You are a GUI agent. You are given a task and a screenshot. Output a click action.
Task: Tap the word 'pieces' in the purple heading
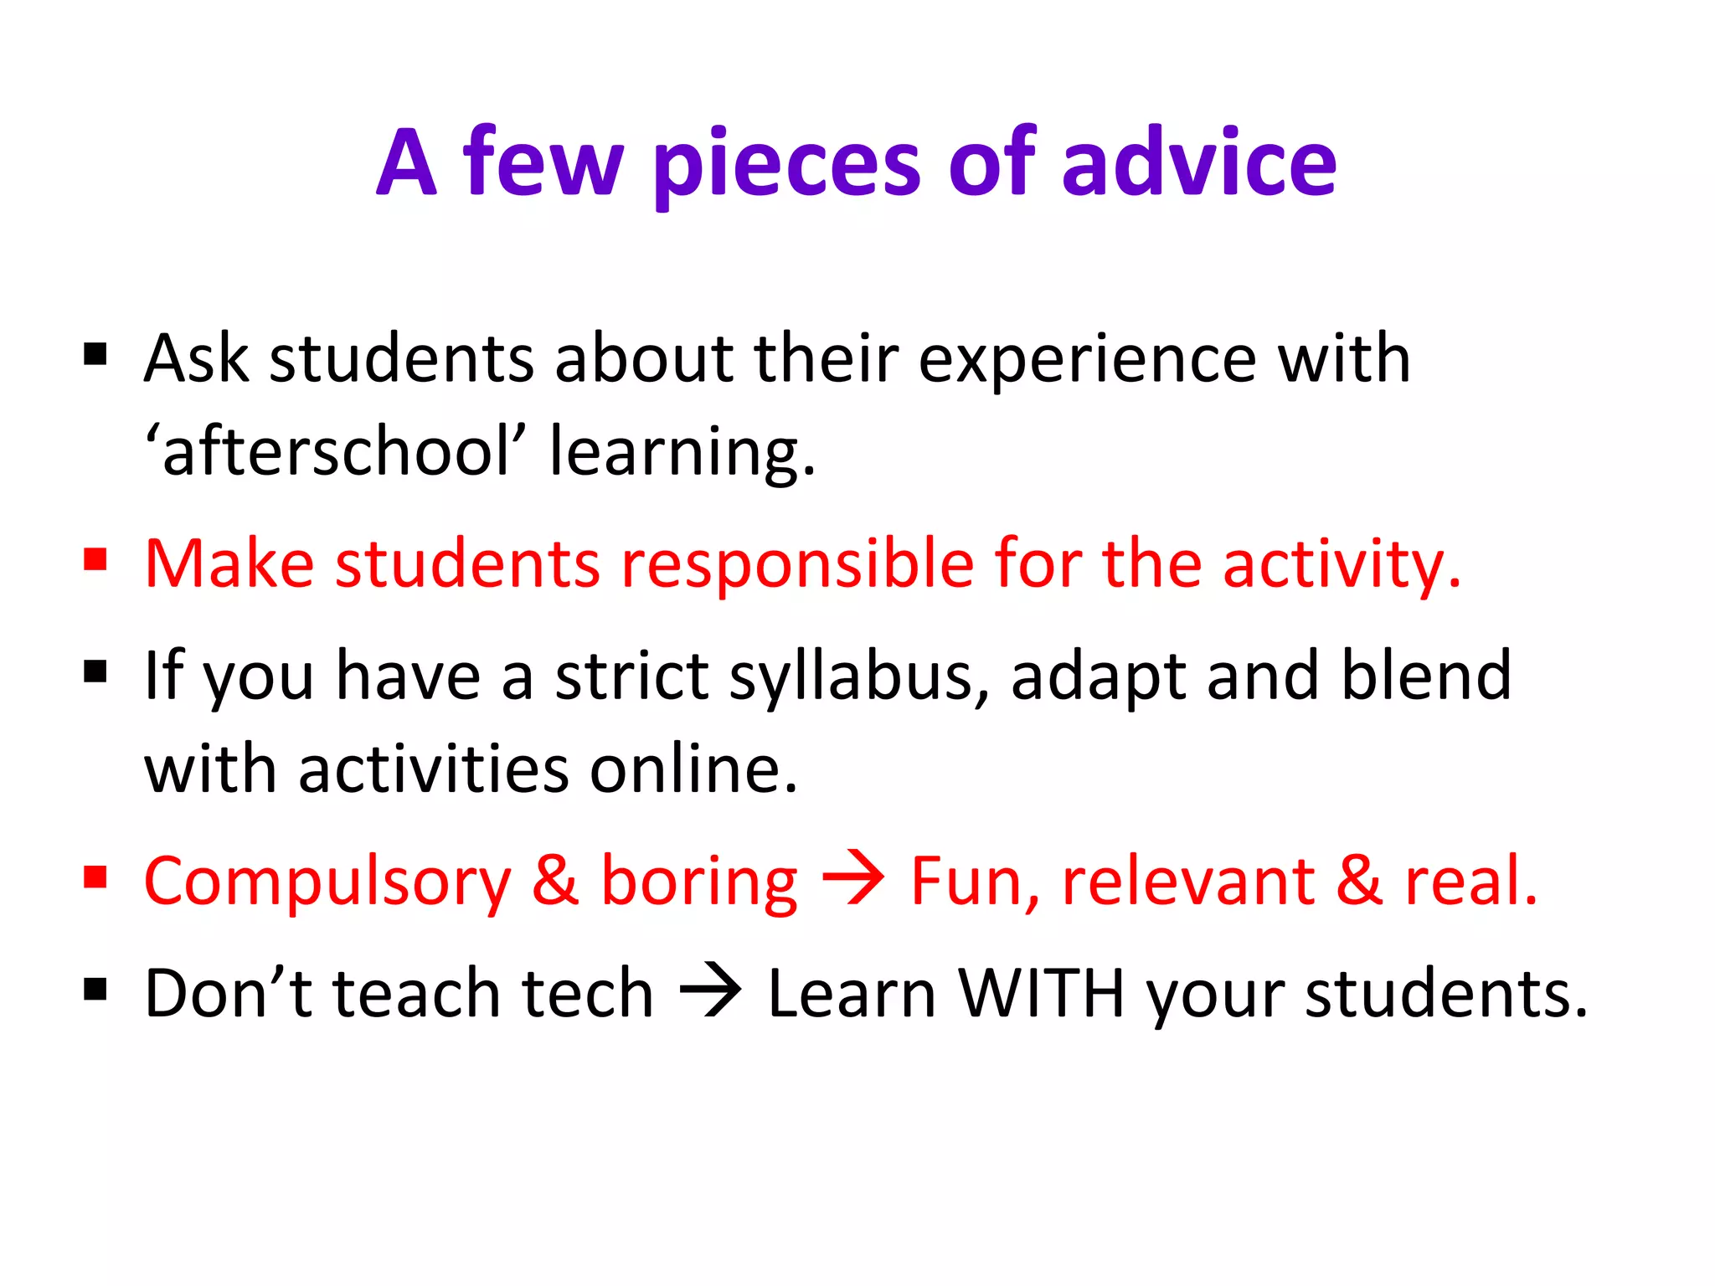tap(787, 166)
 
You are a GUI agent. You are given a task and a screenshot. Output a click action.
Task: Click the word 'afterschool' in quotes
tap(336, 452)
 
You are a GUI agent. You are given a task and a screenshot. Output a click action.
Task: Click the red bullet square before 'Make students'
tap(95, 559)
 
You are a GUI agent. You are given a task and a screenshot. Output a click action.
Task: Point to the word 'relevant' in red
tap(1188, 881)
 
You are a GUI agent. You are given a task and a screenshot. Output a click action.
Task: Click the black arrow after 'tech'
tap(710, 992)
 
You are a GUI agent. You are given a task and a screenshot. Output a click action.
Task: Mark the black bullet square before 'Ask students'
tap(95, 355)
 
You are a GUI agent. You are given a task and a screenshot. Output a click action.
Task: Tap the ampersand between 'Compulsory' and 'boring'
tap(555, 881)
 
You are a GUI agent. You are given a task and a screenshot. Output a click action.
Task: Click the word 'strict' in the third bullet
tap(631, 676)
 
